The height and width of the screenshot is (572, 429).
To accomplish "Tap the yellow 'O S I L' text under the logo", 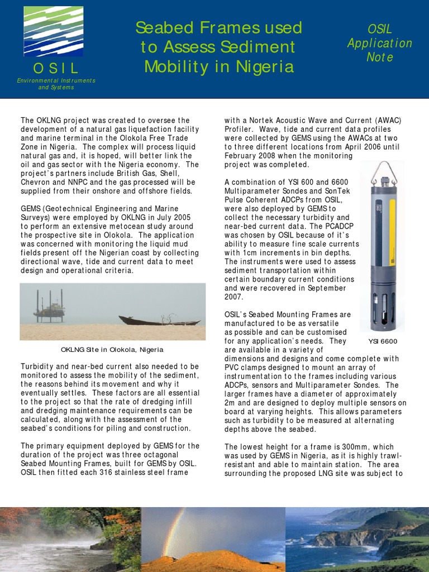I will [x=56, y=69].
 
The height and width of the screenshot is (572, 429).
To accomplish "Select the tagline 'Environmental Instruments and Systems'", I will [x=56, y=84].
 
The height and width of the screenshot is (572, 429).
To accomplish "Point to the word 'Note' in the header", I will [x=380, y=57].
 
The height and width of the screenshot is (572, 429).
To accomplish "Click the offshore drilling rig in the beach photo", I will [x=49, y=306].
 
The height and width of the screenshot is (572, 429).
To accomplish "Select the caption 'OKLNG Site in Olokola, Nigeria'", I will [x=112, y=350].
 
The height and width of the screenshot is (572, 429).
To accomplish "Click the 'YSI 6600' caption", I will [x=382, y=341].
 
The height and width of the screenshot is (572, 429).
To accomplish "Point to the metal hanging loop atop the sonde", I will [x=384, y=170].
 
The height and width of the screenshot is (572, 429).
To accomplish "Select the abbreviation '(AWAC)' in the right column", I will [x=388, y=120].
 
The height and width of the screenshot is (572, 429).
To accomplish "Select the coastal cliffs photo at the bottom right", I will [x=357, y=539].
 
